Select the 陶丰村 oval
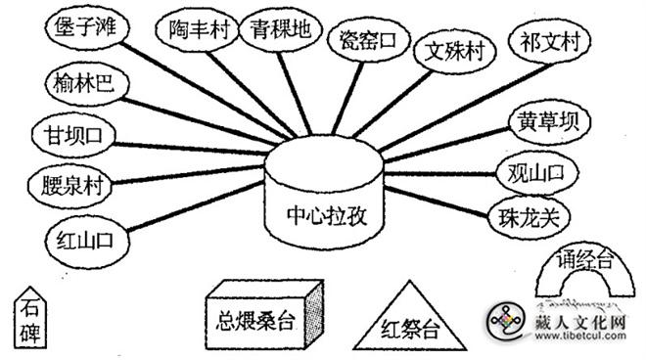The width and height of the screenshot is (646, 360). (200, 29)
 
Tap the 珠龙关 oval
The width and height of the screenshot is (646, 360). (528, 214)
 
